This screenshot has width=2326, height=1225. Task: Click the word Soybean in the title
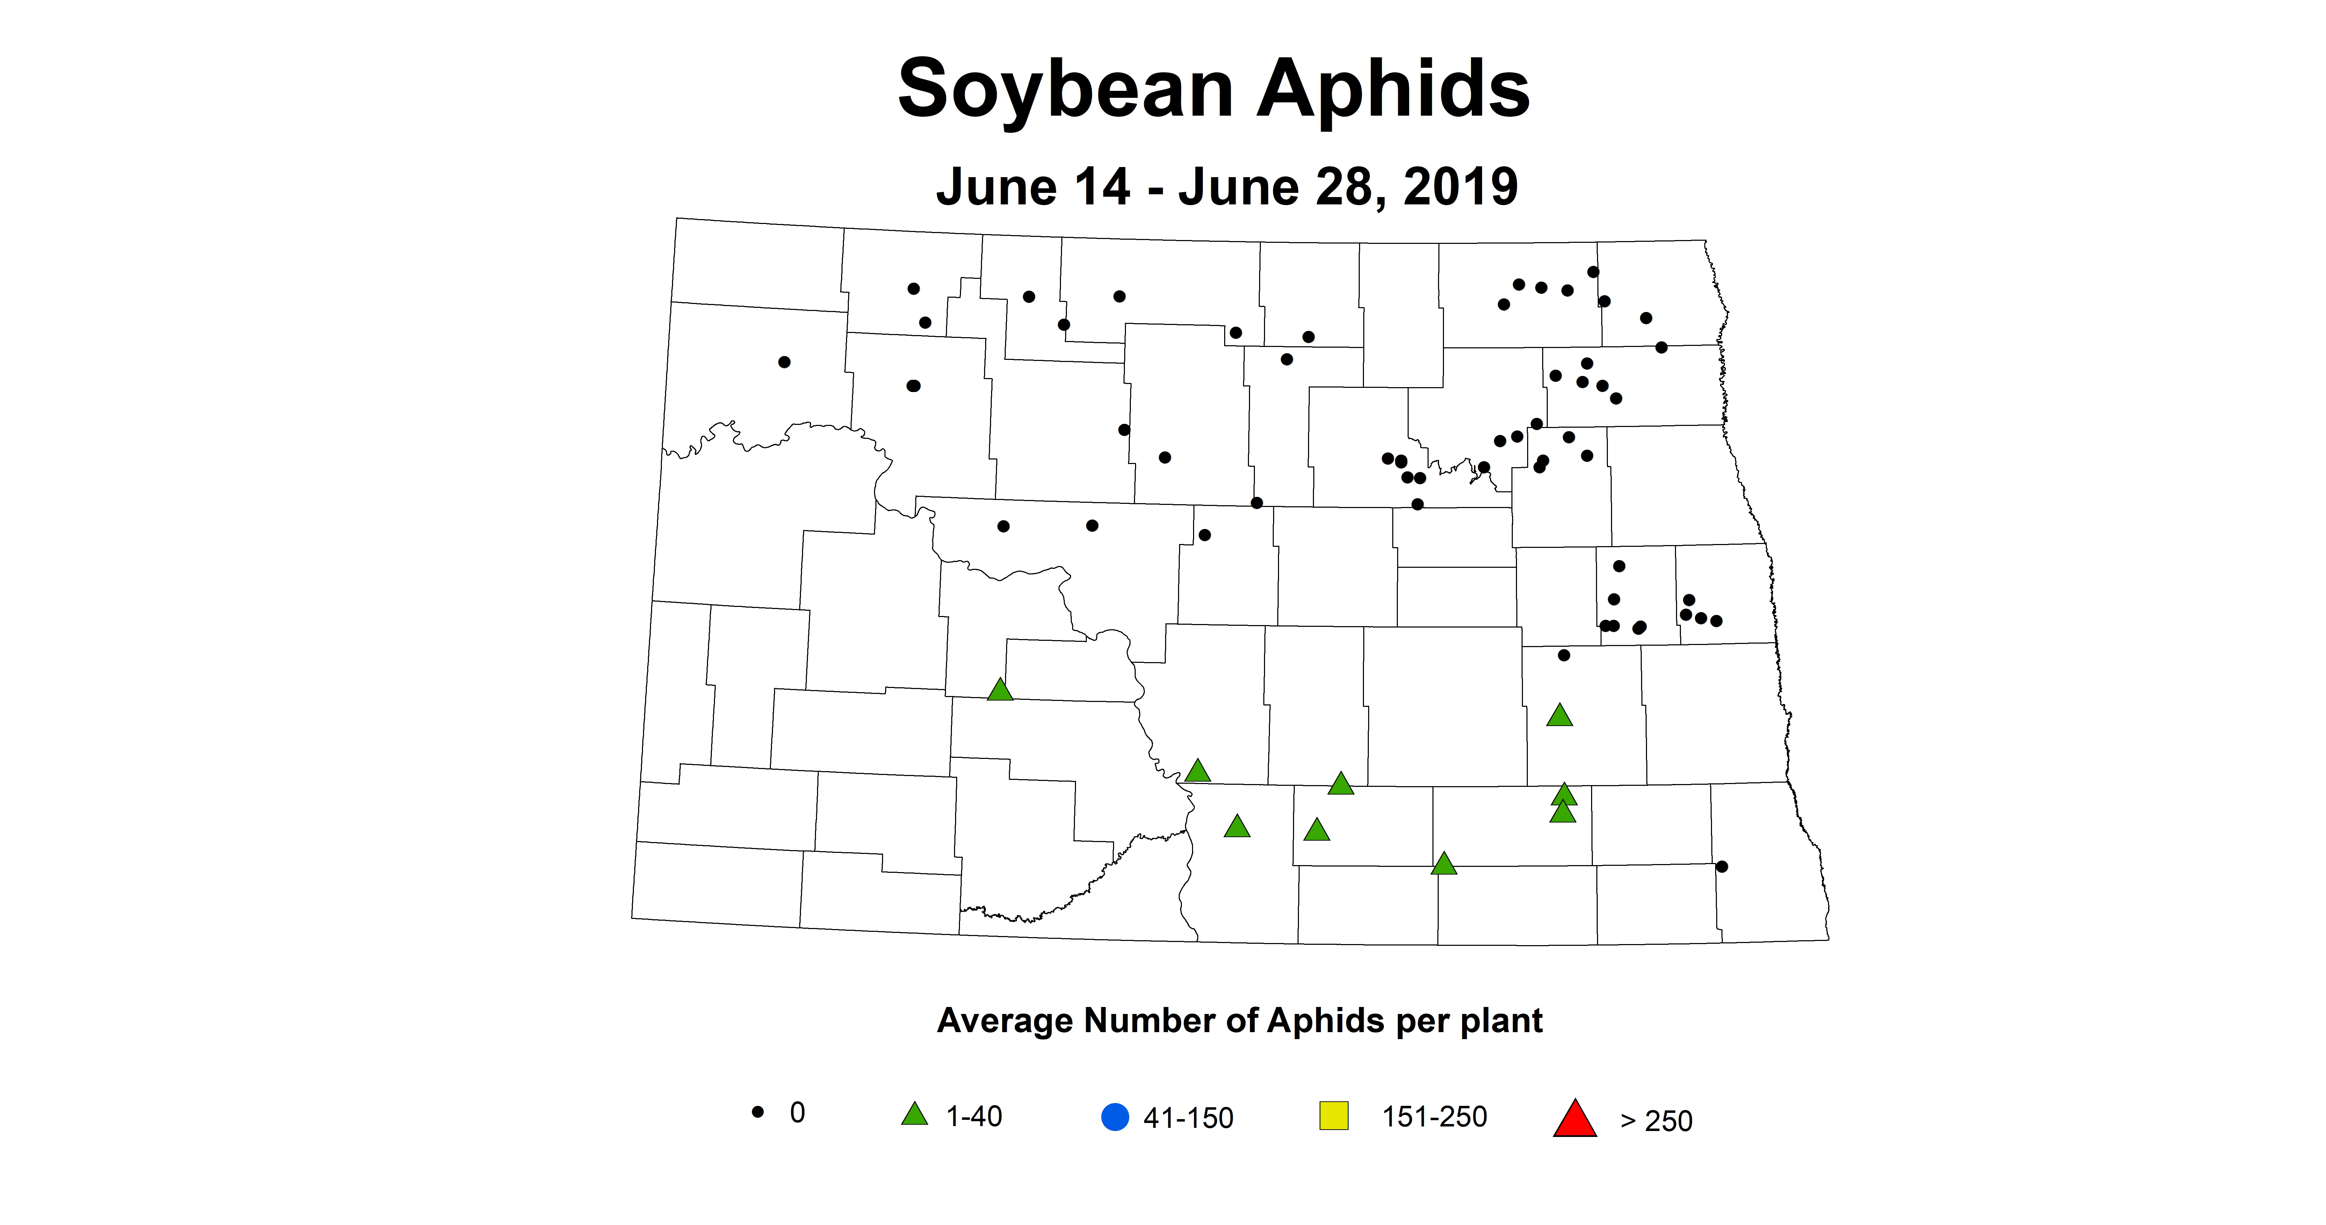click(1066, 88)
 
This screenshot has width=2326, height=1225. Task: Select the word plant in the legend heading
click(1500, 1021)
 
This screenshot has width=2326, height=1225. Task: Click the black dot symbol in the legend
click(758, 1112)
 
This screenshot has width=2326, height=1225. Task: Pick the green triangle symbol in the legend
click(915, 1115)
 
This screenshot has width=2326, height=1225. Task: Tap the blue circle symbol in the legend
click(1115, 1118)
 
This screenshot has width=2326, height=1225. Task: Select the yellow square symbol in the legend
click(1334, 1116)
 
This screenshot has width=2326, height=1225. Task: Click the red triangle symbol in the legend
click(1575, 1119)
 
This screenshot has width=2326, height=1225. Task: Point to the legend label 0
click(797, 1112)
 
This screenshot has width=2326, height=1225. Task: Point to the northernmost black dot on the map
click(1593, 272)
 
